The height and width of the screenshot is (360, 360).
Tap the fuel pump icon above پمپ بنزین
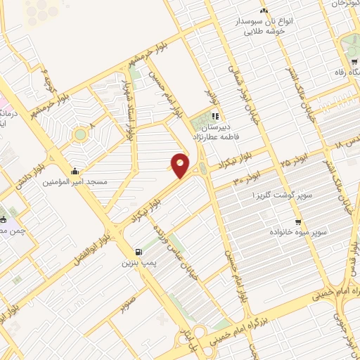[x=137, y=252]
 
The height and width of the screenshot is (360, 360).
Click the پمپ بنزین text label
[x=138, y=263]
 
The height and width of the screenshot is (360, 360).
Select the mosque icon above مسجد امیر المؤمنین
[x=75, y=171]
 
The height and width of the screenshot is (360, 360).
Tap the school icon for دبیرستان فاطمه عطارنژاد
[x=216, y=117]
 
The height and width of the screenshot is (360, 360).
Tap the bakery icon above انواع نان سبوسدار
[x=264, y=11]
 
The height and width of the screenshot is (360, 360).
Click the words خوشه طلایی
[x=264, y=32]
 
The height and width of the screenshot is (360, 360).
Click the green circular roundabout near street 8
[x=80, y=134]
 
